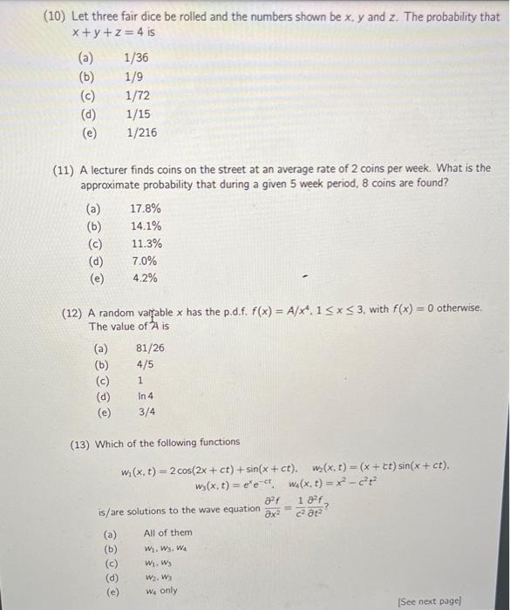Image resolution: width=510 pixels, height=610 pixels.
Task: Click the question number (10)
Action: (53, 17)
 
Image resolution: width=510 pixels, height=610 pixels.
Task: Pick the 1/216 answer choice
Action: (141, 133)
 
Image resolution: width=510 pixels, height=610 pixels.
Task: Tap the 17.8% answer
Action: (145, 209)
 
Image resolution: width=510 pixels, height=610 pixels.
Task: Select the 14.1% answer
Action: (145, 227)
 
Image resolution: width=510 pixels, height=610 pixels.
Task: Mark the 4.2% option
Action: (144, 279)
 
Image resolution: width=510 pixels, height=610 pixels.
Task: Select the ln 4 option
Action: (146, 396)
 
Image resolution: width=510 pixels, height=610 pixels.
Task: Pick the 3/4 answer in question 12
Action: (146, 413)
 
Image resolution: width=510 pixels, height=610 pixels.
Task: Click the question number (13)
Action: (84, 443)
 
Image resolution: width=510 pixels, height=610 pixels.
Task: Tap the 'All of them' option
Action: (167, 532)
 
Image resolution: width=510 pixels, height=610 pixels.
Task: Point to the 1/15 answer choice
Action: (138, 114)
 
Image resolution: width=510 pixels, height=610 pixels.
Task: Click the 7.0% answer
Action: (144, 261)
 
